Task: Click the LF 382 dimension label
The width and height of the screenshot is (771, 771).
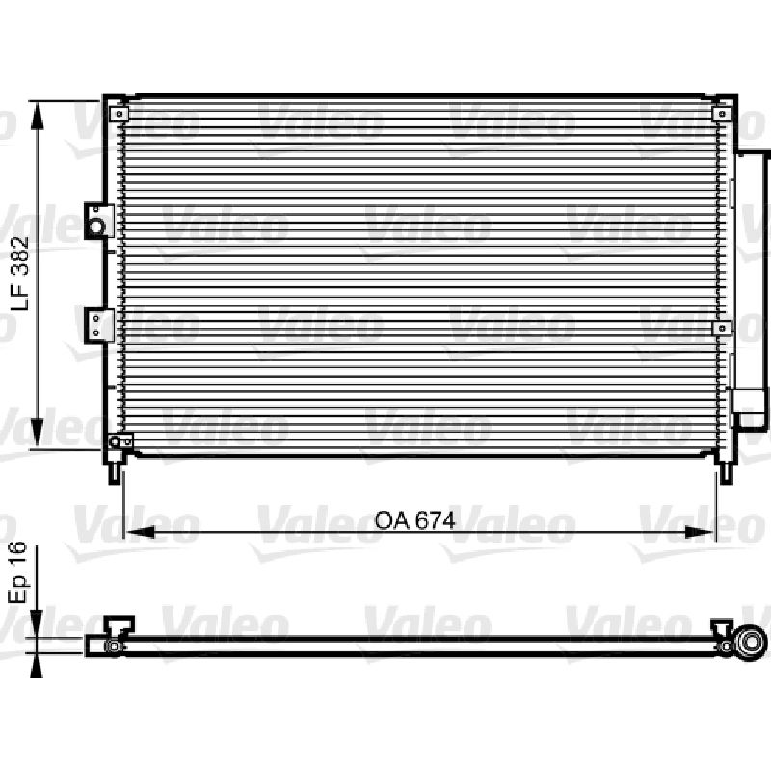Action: pyautogui.click(x=20, y=274)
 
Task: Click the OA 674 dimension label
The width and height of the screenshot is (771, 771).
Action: pyautogui.click(x=414, y=520)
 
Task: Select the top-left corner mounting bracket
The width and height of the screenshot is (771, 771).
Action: pyautogui.click(x=119, y=114)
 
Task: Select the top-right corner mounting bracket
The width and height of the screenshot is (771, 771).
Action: pyautogui.click(x=721, y=114)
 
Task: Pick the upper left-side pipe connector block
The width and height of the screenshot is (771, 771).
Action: pyautogui.click(x=99, y=222)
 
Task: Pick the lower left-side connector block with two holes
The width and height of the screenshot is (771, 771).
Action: pyautogui.click(x=99, y=326)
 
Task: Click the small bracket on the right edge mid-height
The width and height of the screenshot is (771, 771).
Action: pyautogui.click(x=722, y=328)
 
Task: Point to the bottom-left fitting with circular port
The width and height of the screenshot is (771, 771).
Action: pyautogui.click(x=120, y=441)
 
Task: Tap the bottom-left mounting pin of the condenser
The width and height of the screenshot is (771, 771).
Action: pyautogui.click(x=115, y=473)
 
